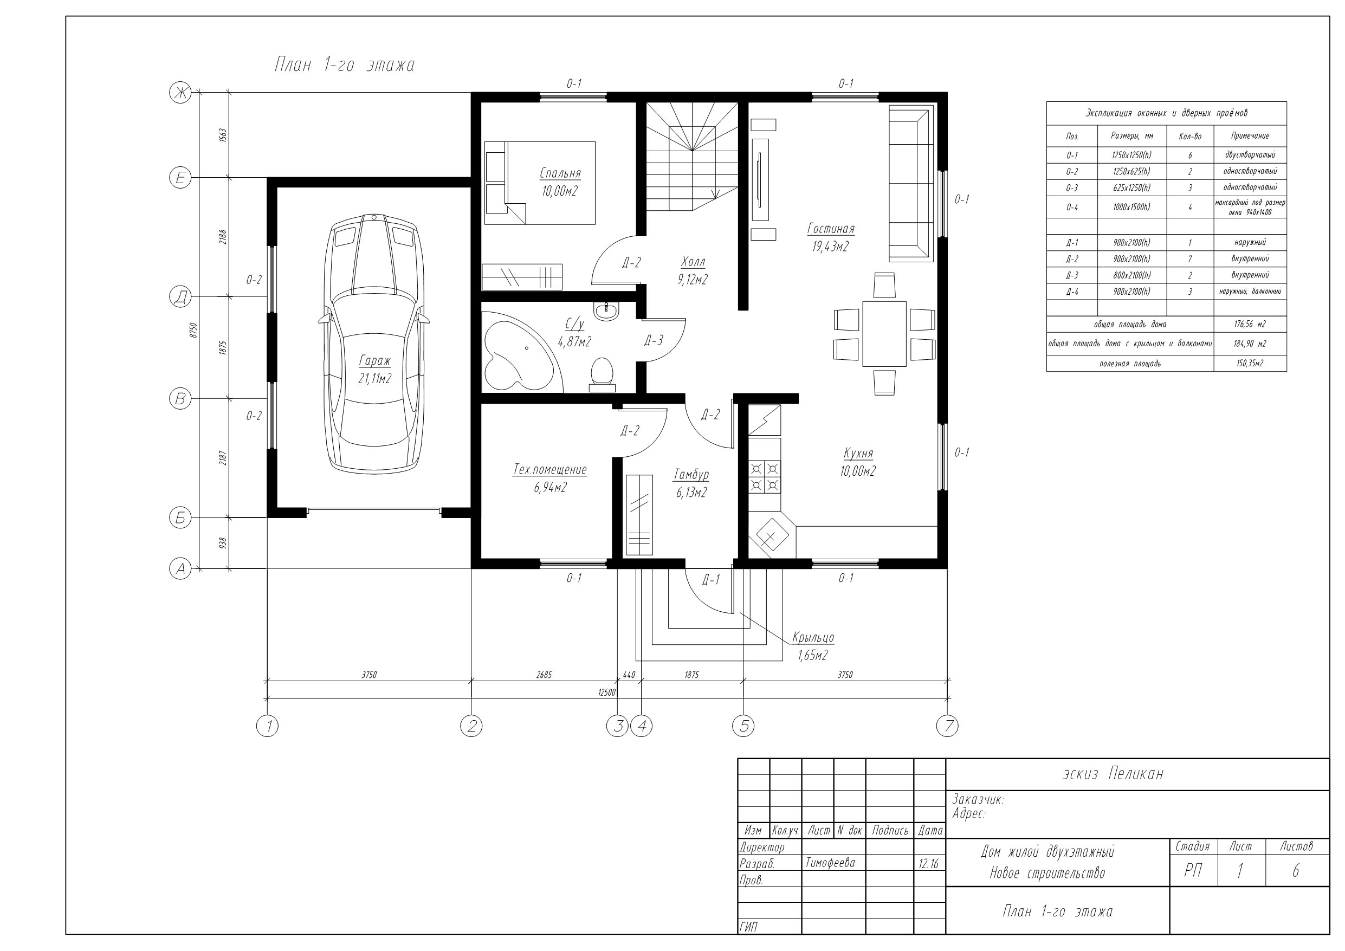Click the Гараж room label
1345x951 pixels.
(375, 361)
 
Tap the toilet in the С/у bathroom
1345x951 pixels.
(602, 374)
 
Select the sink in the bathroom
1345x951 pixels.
(606, 311)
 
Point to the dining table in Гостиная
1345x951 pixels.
(884, 334)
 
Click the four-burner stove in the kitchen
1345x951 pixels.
(765, 477)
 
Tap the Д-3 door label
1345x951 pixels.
(653, 340)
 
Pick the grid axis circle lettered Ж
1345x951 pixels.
(180, 92)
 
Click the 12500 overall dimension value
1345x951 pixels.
(607, 692)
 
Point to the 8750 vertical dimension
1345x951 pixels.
(194, 331)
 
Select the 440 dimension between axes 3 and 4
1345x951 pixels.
(629, 675)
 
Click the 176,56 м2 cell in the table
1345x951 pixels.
(1250, 325)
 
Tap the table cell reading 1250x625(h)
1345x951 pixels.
(1131, 172)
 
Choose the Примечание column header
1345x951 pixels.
(1250, 136)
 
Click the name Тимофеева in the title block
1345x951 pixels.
(830, 863)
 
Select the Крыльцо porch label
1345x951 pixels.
(813, 637)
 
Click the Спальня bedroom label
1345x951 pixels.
(560, 173)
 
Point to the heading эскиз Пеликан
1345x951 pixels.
(1113, 774)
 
